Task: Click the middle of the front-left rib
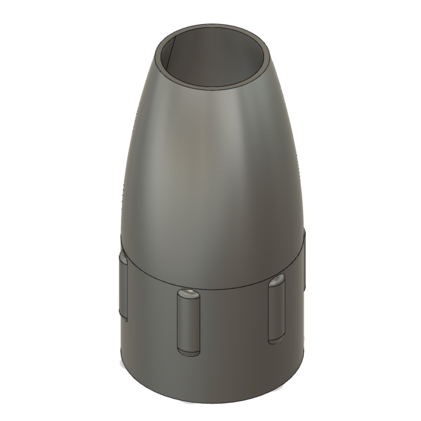coord(188,324)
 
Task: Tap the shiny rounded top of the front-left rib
coord(188,294)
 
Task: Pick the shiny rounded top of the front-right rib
coord(277,279)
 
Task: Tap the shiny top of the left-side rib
coord(123,259)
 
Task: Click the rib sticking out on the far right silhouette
coord(304,260)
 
